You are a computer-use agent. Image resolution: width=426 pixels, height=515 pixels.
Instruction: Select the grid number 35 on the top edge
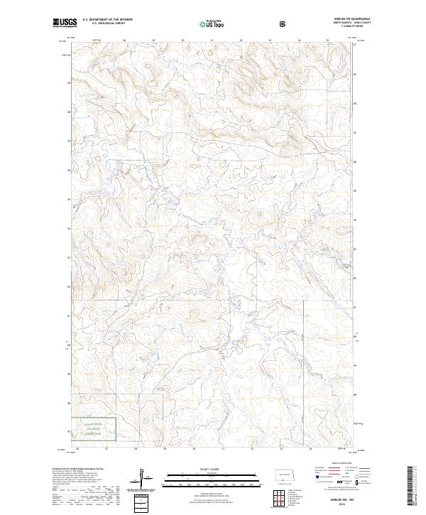point(327,40)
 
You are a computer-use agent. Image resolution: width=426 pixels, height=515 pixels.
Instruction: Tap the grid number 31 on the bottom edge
point(223,448)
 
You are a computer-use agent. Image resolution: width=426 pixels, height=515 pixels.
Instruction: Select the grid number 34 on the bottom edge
point(310,448)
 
